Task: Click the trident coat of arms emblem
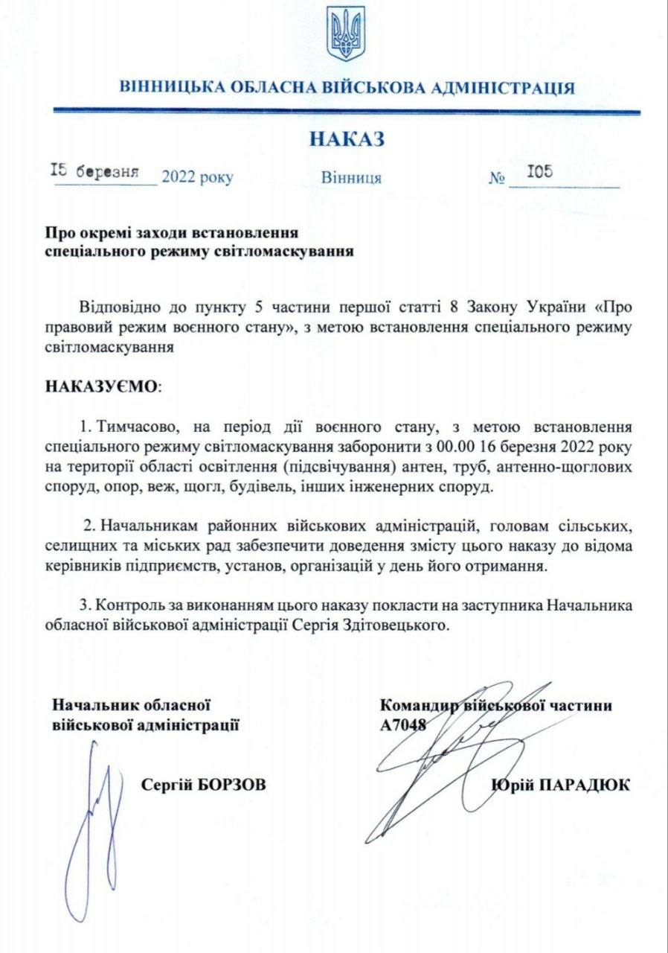[x=345, y=34]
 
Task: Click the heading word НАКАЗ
[x=347, y=139]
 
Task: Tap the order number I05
[x=539, y=172]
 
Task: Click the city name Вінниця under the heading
[x=351, y=179]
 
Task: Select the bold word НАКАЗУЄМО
[x=102, y=387]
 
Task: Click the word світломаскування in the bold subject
[x=291, y=251]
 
